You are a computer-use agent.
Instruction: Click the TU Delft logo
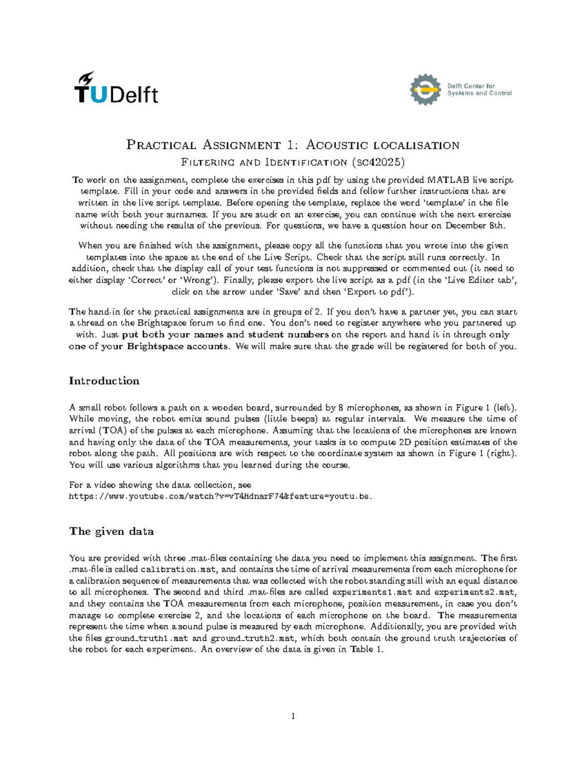point(116,88)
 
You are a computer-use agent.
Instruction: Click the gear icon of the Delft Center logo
point(425,89)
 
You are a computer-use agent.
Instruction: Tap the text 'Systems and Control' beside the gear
point(479,93)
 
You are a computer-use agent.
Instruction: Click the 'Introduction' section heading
point(104,381)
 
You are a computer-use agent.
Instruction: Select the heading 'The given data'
point(111,531)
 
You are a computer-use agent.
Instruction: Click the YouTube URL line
point(220,497)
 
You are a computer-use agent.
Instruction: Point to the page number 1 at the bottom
point(293,716)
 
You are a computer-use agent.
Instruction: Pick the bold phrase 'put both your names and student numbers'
point(225,335)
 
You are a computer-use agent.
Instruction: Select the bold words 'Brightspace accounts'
point(178,347)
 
